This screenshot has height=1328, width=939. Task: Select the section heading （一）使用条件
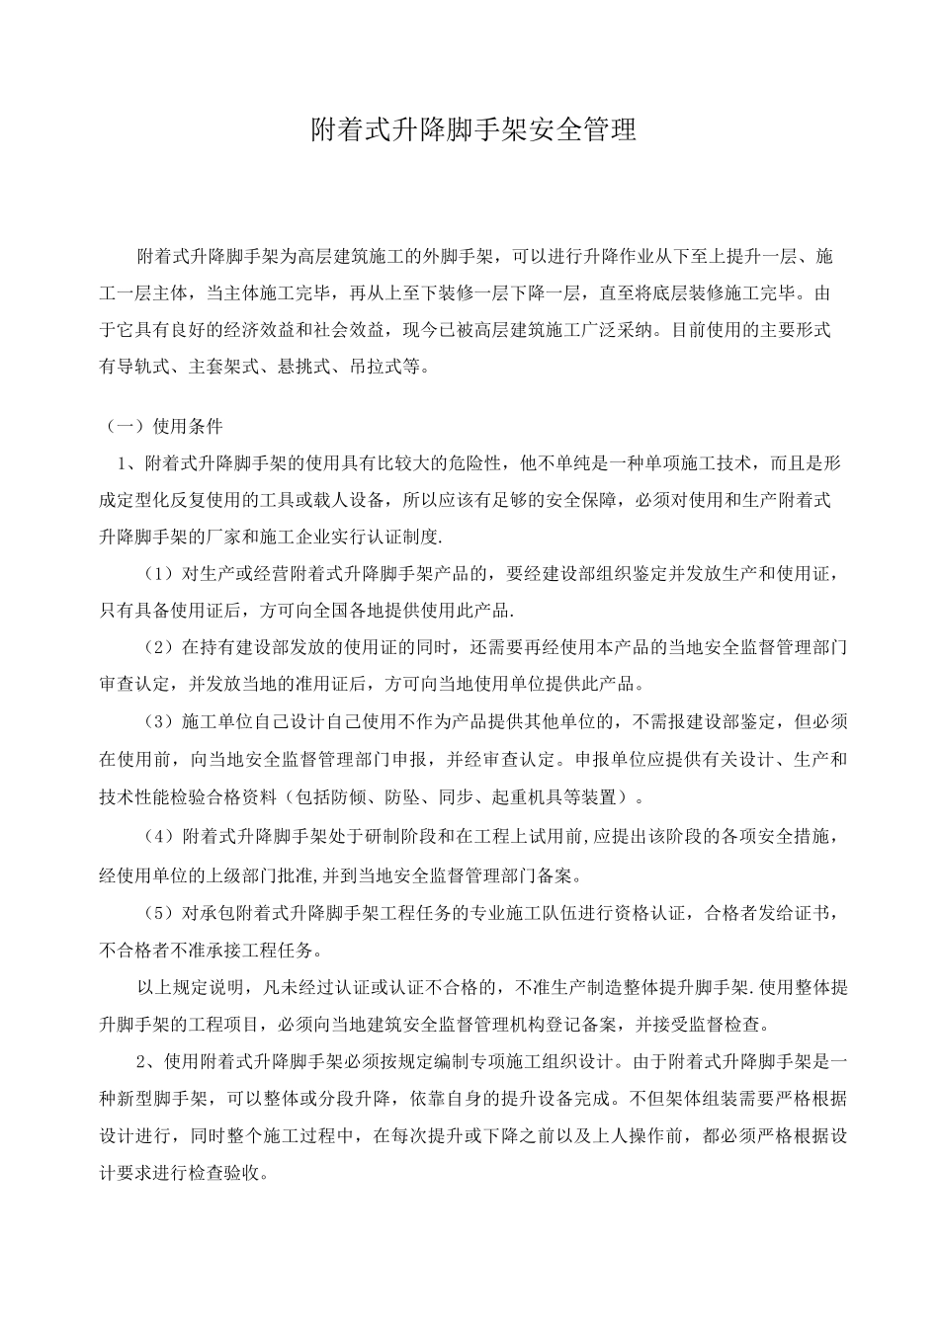click(x=164, y=427)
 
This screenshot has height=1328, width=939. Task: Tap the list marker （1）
click(x=158, y=572)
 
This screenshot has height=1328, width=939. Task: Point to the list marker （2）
click(x=158, y=647)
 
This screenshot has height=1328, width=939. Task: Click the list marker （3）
click(x=158, y=722)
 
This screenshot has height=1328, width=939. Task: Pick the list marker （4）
click(x=158, y=837)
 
